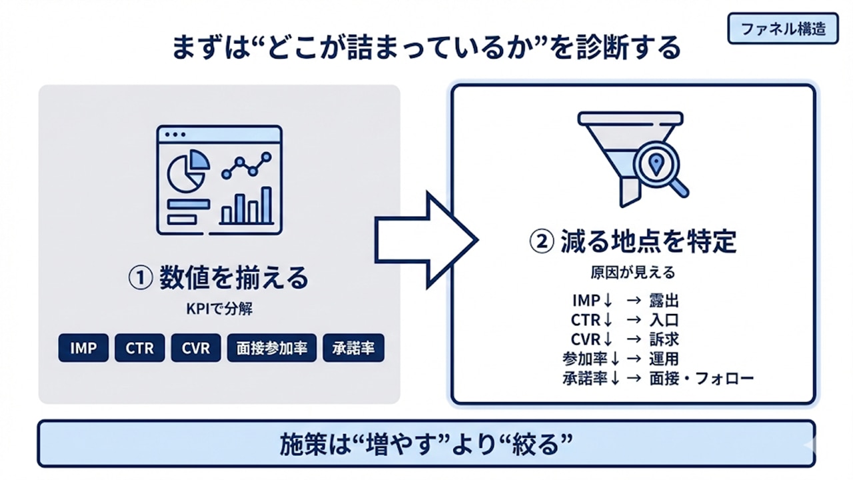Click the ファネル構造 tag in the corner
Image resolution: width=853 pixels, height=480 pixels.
click(782, 29)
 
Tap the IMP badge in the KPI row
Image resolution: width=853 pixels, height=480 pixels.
click(83, 348)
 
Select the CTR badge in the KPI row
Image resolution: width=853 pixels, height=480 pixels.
click(139, 348)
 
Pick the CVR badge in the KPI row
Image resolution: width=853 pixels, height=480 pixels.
click(195, 348)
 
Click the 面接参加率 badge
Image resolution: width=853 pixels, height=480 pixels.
click(271, 348)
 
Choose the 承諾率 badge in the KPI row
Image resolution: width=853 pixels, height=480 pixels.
click(353, 348)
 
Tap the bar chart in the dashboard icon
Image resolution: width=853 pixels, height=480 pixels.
click(247, 206)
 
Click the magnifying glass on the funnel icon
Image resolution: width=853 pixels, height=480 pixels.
click(658, 167)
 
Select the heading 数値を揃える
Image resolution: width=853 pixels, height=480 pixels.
click(218, 278)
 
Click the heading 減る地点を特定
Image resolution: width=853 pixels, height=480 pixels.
click(633, 242)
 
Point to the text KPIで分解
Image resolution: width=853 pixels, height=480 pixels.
click(218, 310)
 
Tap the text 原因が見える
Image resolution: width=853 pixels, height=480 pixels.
click(632, 273)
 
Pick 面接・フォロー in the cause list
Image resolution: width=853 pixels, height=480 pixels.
click(701, 379)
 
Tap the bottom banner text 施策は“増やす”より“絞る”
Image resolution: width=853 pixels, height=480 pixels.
click(426, 443)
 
